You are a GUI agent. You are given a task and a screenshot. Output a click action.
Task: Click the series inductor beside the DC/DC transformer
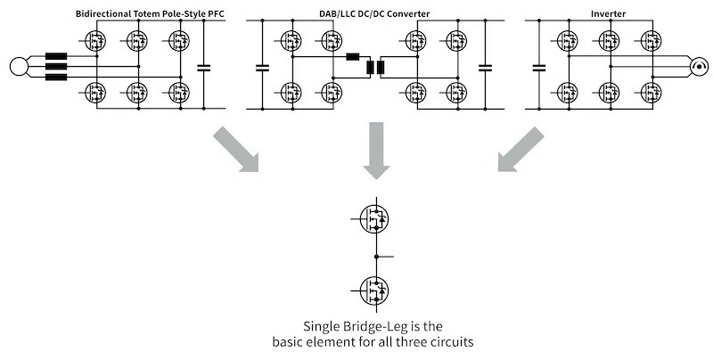(353, 59)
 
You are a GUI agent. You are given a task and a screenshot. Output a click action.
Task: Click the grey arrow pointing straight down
(374, 152)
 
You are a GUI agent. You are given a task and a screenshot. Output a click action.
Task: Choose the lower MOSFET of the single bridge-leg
(375, 290)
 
